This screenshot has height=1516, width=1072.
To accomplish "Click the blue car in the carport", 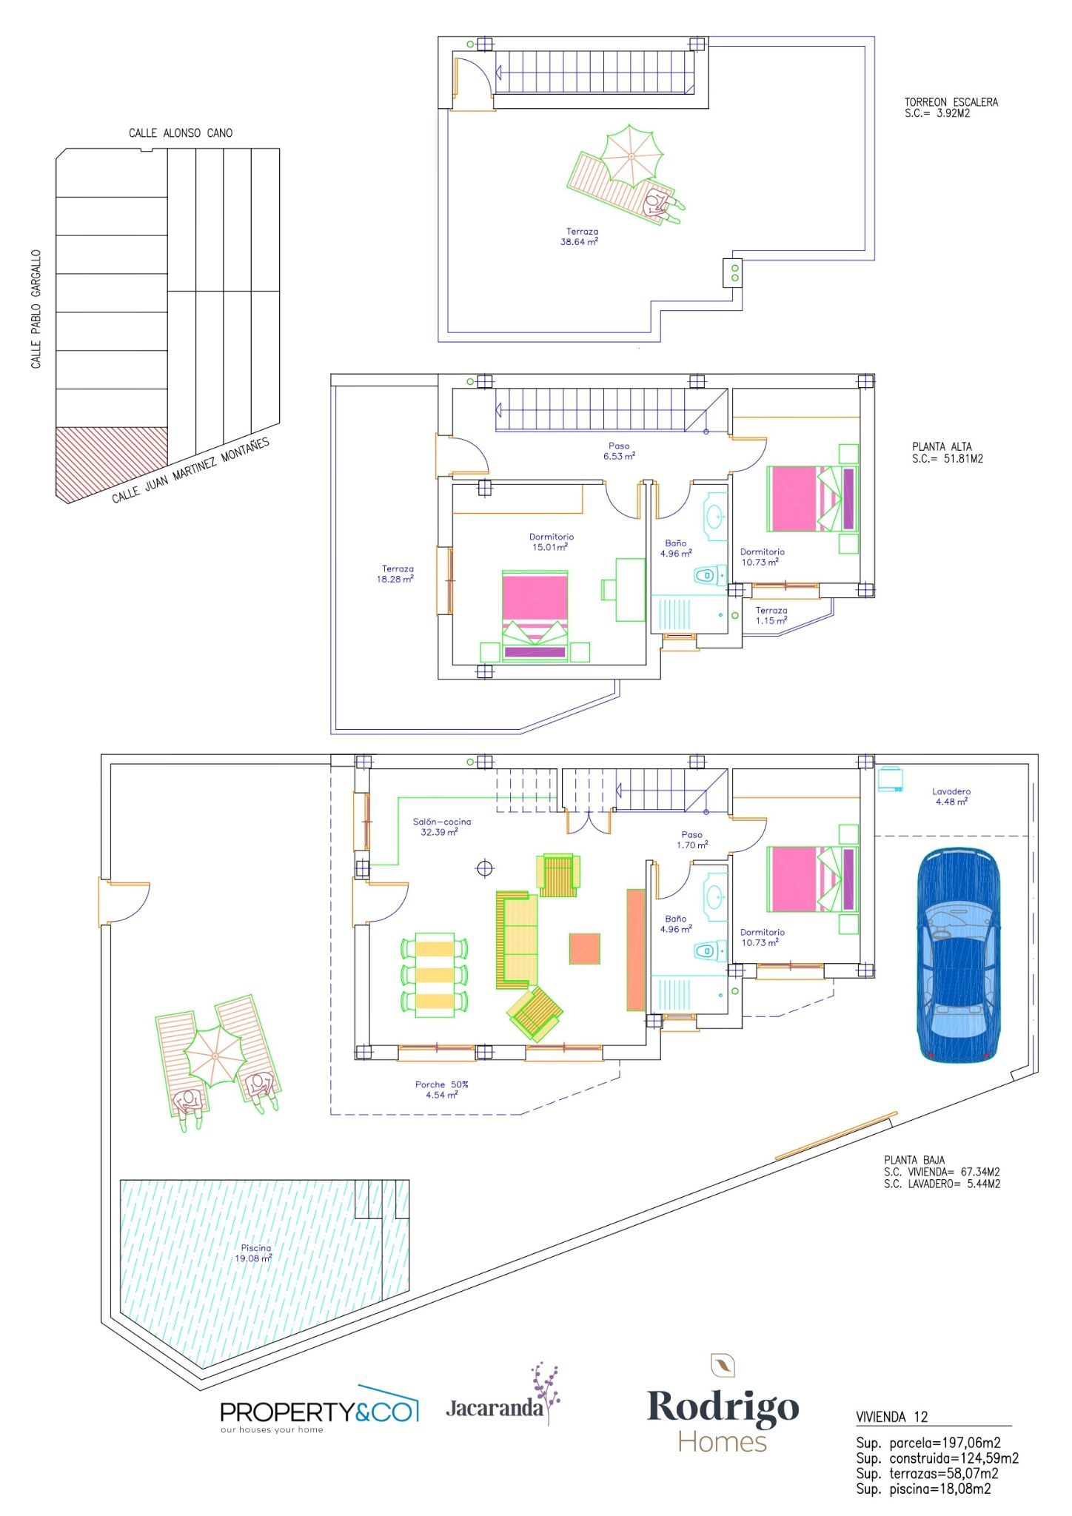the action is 959,956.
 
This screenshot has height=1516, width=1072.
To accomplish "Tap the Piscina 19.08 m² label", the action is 255,1252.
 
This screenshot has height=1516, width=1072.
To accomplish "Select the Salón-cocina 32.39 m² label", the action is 441,826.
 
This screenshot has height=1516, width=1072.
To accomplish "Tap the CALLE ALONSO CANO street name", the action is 181,133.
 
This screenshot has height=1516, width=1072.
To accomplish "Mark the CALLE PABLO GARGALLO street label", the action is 36,309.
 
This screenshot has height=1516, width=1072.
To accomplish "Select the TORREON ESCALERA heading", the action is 951,102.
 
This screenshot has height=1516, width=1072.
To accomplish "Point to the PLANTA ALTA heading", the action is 942,446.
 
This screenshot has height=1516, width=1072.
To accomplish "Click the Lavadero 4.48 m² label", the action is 951,796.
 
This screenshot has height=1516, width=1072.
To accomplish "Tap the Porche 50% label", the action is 441,1084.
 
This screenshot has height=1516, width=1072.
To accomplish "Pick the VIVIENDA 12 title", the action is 891,1417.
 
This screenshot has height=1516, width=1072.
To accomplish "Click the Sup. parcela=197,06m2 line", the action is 928,1443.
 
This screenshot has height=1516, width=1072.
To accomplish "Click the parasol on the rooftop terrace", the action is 631,156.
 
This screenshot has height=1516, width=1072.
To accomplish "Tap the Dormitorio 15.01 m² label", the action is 551,542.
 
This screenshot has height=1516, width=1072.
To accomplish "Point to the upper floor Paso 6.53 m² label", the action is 619,451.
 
